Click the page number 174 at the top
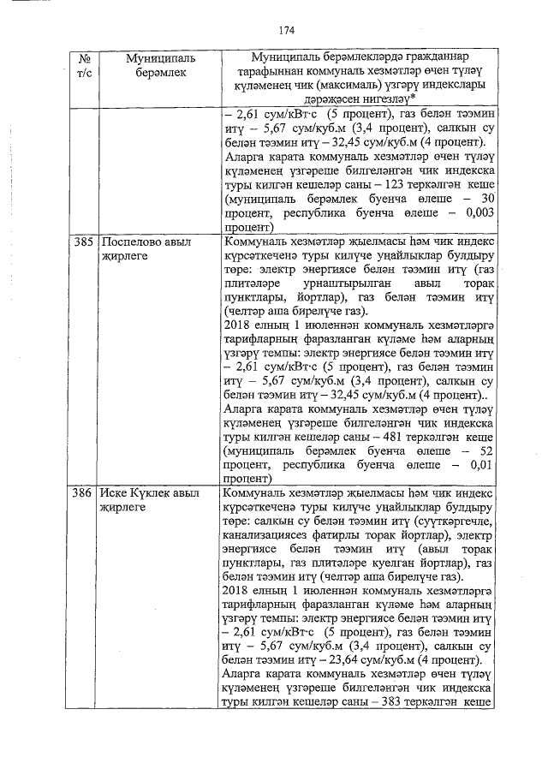[x=285, y=29]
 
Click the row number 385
[x=83, y=242]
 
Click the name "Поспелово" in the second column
[x=129, y=242]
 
